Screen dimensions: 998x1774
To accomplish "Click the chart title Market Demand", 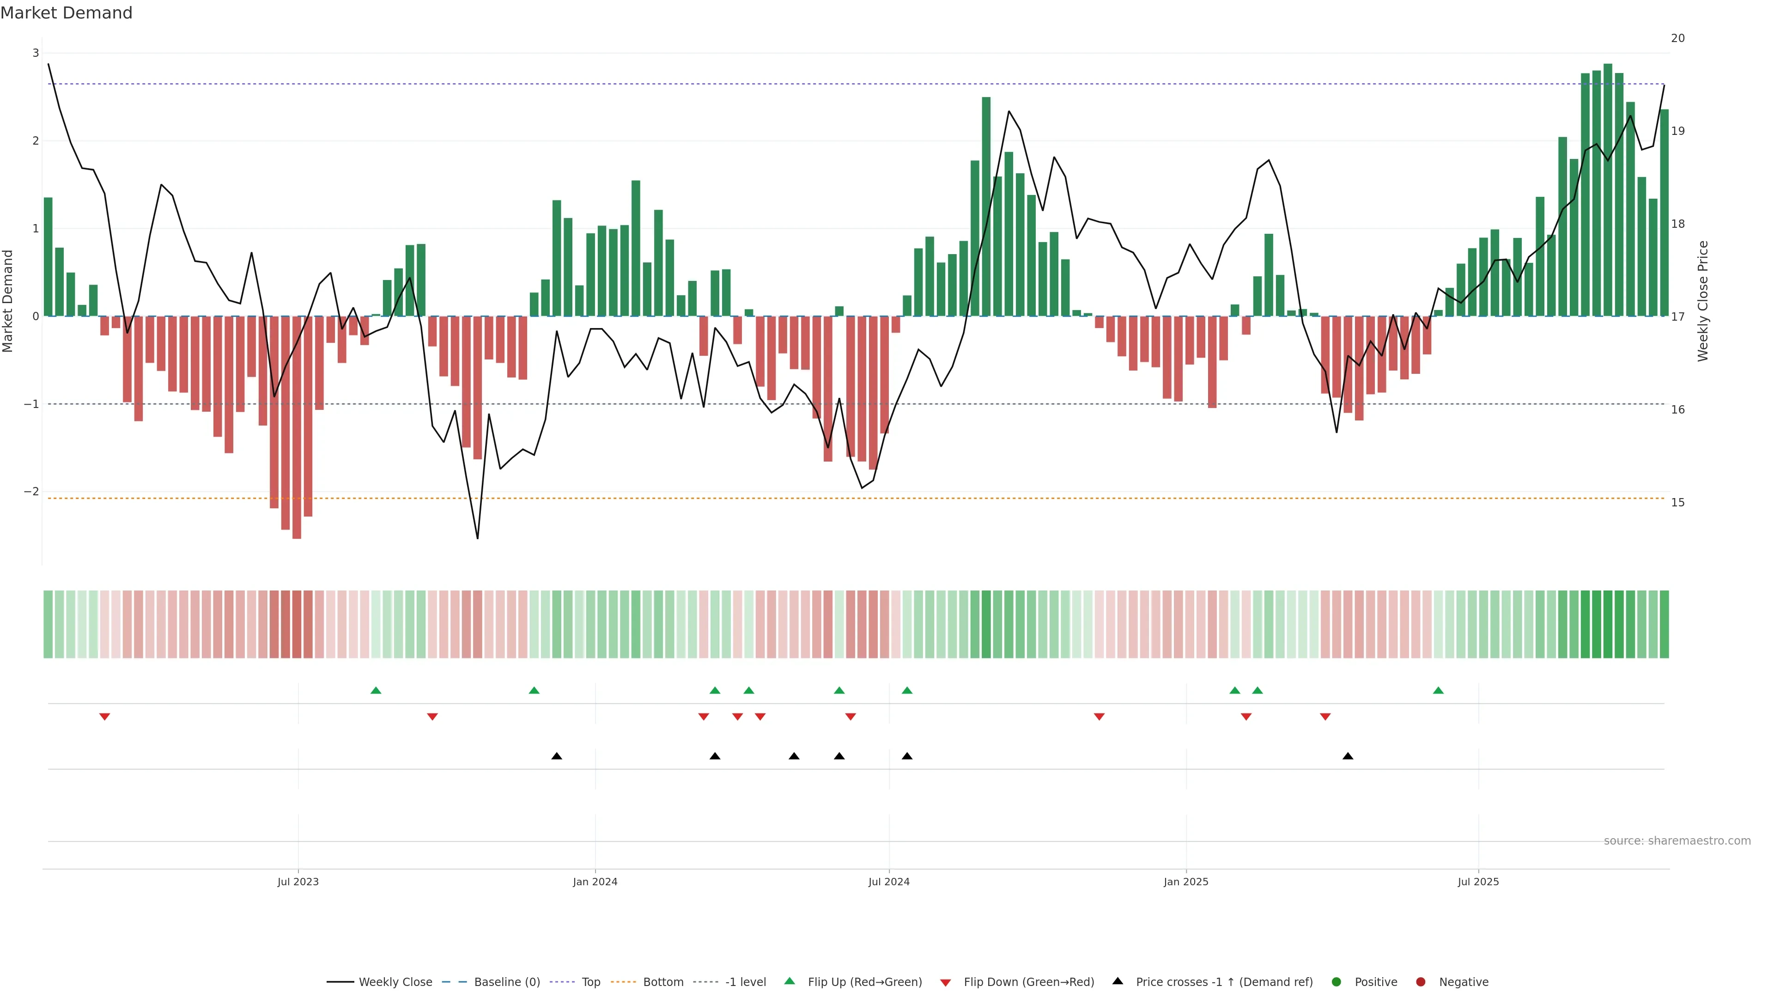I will pyautogui.click(x=66, y=13).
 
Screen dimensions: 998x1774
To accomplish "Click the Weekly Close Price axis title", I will pyautogui.click(x=1702, y=301).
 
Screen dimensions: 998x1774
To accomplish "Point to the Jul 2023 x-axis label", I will pyautogui.click(x=298, y=882).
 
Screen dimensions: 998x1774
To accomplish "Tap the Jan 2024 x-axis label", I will pyautogui.click(x=595, y=882).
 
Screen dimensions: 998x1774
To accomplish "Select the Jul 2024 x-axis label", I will pyautogui.click(x=888, y=882).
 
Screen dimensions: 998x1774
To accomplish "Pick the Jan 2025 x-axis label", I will pyautogui.click(x=1186, y=882).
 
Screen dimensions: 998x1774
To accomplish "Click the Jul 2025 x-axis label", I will pyautogui.click(x=1478, y=882).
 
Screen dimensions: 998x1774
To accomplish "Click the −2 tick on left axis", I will pyautogui.click(x=32, y=492).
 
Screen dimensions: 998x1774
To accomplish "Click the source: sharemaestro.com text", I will pyautogui.click(x=1677, y=841).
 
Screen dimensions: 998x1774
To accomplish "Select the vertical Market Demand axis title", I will pyautogui.click(x=8, y=301).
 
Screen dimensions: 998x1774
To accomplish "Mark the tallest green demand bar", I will pyautogui.click(x=1607, y=189).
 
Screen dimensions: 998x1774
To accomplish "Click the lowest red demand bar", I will pyautogui.click(x=297, y=427).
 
